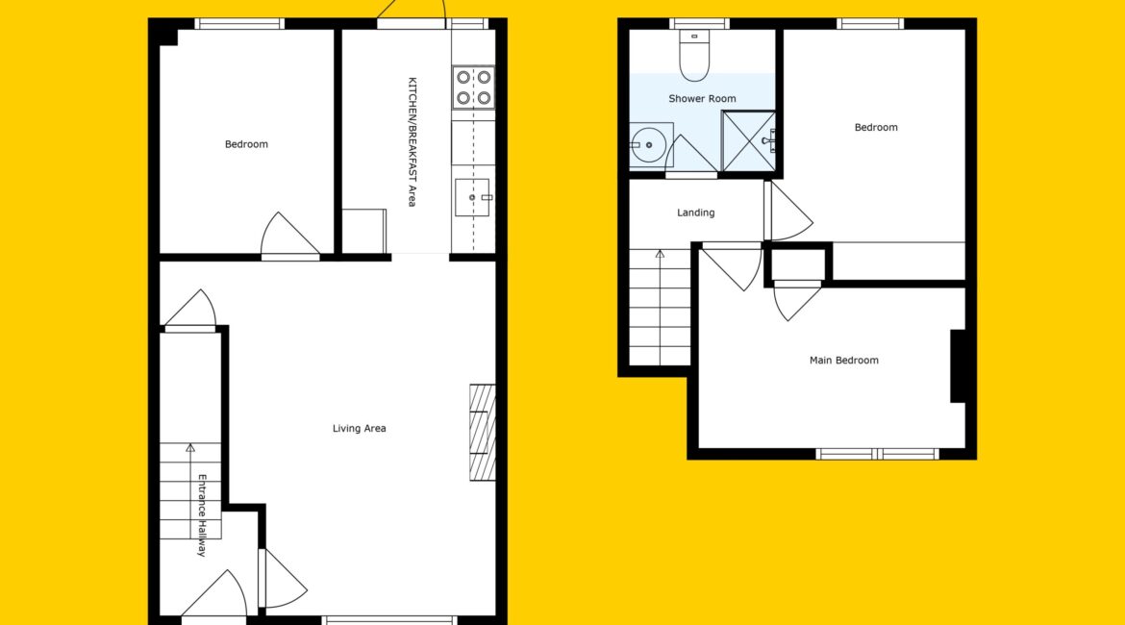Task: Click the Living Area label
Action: [359, 429]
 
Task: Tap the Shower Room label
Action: [702, 98]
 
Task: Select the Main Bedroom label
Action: [844, 361]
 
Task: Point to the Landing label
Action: [695, 212]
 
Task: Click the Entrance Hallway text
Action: [202, 515]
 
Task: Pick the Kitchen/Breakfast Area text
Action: [412, 142]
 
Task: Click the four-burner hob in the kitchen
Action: [473, 87]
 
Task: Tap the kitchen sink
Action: [473, 197]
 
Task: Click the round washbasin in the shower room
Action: [649, 145]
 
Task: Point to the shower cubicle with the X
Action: [748, 141]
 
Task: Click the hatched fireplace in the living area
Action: [482, 432]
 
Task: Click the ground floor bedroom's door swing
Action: [289, 234]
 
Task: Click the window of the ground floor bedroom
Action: [239, 24]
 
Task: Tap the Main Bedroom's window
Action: [877, 454]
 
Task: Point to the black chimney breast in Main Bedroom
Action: [958, 366]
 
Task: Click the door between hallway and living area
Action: [283, 580]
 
